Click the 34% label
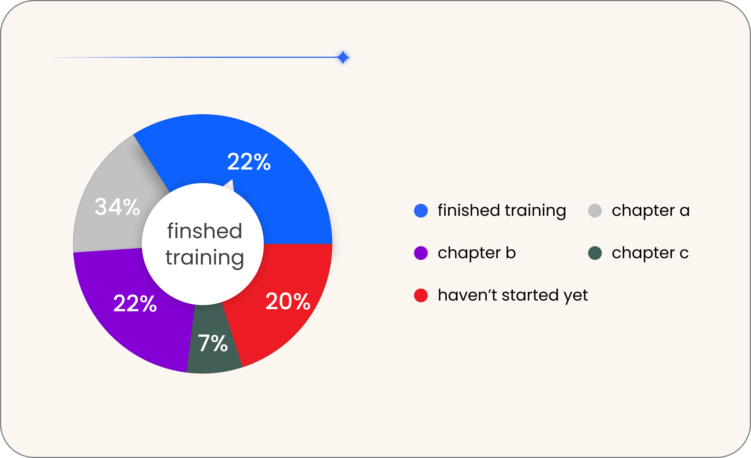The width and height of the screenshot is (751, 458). tap(117, 207)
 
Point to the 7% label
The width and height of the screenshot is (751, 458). tap(213, 343)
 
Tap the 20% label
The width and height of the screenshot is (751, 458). tap(288, 301)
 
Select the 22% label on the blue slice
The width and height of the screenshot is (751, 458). tap(249, 162)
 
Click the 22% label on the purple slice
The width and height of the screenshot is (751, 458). tap(135, 303)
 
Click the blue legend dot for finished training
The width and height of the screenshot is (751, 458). tap(421, 211)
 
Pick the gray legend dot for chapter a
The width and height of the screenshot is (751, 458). tap(595, 211)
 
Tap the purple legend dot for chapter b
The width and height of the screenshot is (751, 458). tap(421, 253)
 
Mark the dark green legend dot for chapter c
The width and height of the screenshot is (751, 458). tap(595, 253)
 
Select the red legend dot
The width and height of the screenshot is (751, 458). tap(421, 295)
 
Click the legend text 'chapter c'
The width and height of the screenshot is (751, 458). tap(651, 253)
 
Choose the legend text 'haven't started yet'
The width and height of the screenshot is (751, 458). tap(513, 295)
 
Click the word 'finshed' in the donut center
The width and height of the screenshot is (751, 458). tap(205, 231)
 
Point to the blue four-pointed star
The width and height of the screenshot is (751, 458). tap(343, 57)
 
